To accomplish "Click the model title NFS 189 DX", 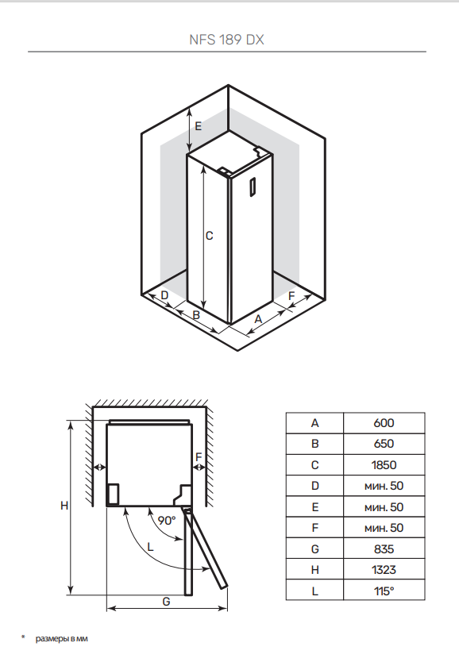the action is pos(227,40).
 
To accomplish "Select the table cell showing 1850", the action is pos(384,465).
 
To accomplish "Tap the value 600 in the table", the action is pos(384,423).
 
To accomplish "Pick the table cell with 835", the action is pos(384,548).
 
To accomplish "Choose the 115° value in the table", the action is pos(384,591).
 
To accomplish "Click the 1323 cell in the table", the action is pos(384,570).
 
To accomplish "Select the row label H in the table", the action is pos(315,570).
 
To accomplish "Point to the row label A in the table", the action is pos(315,423).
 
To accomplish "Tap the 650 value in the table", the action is pos(384,444).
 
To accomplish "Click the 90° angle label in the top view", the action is pos(167,521).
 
